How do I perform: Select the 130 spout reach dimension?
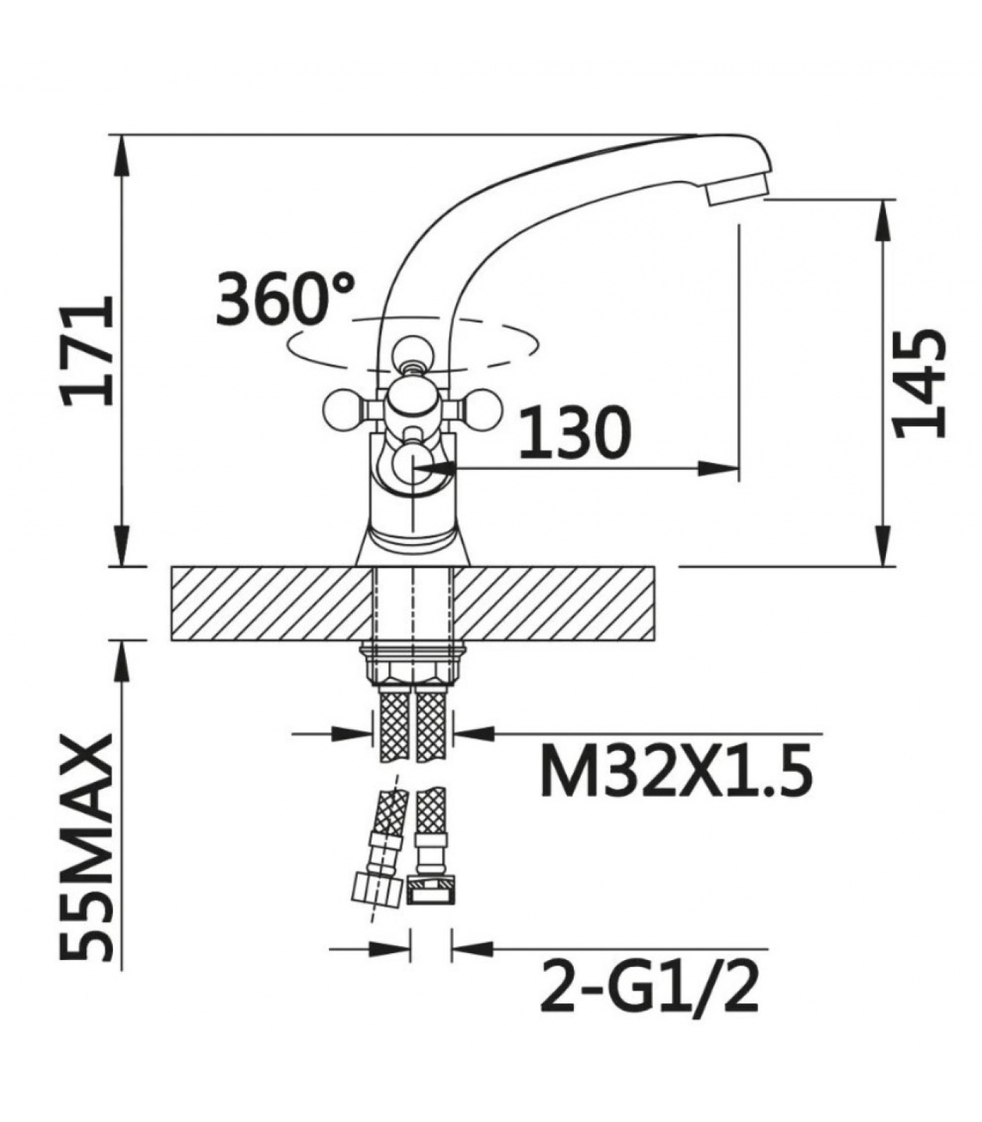coord(575,431)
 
